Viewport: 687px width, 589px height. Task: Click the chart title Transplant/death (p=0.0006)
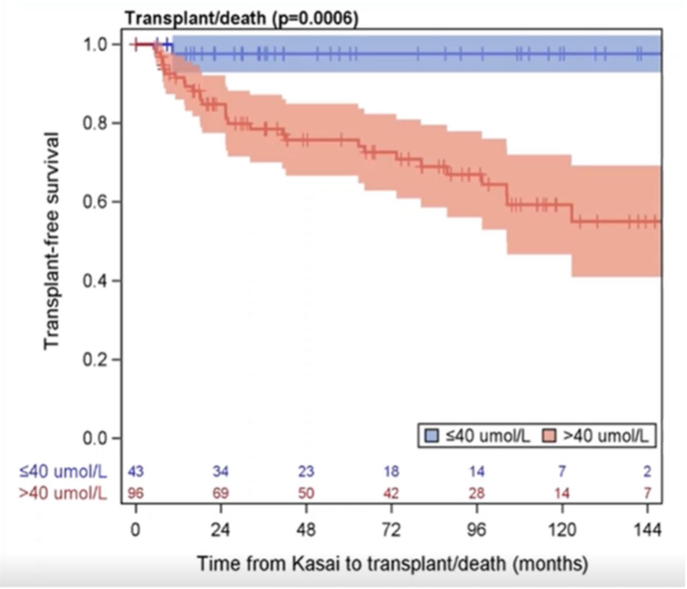(x=241, y=18)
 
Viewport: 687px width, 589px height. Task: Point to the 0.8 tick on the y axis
(x=96, y=123)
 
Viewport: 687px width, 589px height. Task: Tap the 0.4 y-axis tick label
(x=96, y=281)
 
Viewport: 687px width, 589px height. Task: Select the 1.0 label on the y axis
(x=96, y=44)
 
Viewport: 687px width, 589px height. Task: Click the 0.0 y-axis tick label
(x=96, y=438)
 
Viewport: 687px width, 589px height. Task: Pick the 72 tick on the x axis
(x=391, y=530)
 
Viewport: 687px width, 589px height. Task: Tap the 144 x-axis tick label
(x=647, y=530)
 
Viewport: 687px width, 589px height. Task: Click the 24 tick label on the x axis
(x=220, y=530)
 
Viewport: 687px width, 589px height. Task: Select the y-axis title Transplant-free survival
(x=51, y=241)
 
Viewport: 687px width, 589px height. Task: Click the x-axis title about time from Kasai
(x=393, y=563)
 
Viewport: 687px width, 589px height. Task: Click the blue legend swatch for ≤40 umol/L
(x=432, y=436)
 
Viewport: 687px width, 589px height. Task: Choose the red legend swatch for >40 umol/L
(x=549, y=436)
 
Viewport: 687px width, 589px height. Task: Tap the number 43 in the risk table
(x=136, y=472)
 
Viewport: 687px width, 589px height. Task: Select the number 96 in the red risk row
(x=136, y=493)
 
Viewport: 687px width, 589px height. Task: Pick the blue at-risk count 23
(x=306, y=472)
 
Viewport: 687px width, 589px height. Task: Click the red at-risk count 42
(x=391, y=493)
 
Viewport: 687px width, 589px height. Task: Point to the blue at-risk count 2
(x=647, y=472)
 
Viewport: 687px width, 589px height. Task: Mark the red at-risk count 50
(x=306, y=493)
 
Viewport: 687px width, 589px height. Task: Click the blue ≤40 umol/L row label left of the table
(x=63, y=472)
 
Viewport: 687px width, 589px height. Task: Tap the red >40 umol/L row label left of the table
(x=63, y=493)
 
